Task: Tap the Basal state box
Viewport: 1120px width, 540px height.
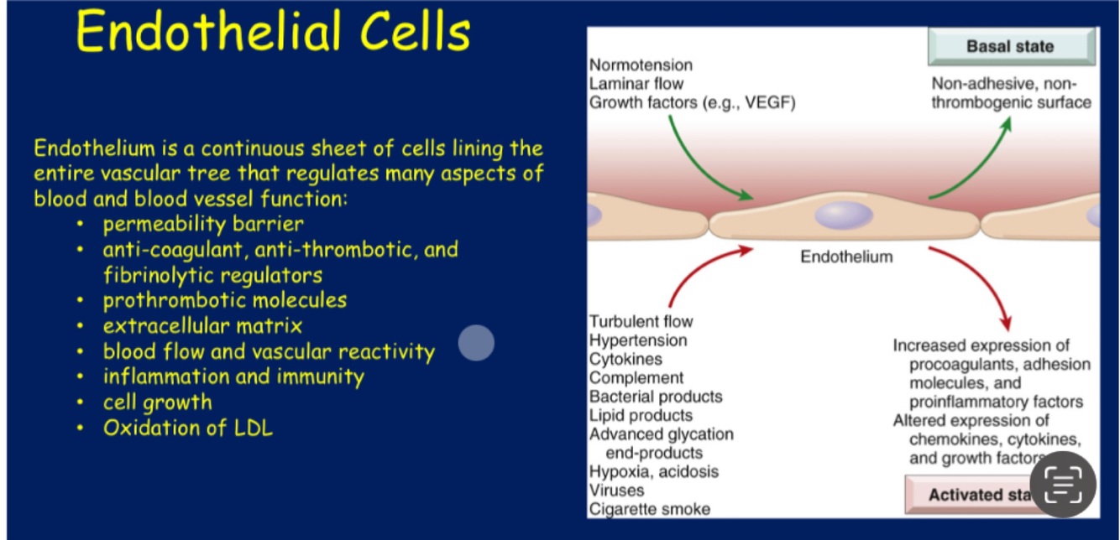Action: pos(1010,46)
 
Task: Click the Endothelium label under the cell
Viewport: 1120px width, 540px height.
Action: pos(846,257)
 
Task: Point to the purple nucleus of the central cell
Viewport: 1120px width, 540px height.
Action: pos(844,215)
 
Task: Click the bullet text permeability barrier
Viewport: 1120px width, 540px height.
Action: pos(203,224)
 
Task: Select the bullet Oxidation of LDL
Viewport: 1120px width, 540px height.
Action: pos(188,428)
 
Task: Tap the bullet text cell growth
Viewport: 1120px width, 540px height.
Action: pos(158,402)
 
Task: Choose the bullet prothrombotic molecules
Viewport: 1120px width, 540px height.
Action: pos(225,300)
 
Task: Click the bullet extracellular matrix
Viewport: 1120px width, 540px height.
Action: pos(202,325)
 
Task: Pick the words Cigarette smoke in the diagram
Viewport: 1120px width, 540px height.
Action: pos(650,509)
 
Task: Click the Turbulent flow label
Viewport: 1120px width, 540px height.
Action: pos(641,322)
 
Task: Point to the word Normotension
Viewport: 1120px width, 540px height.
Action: pos(641,65)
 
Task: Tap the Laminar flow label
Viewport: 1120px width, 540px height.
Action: pos(636,84)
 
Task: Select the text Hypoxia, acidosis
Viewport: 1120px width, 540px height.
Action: pos(654,471)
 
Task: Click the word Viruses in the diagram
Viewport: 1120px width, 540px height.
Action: pos(616,491)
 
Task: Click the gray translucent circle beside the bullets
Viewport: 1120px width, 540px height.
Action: pos(476,343)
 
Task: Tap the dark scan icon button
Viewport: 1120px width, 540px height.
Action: pos(1062,484)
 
